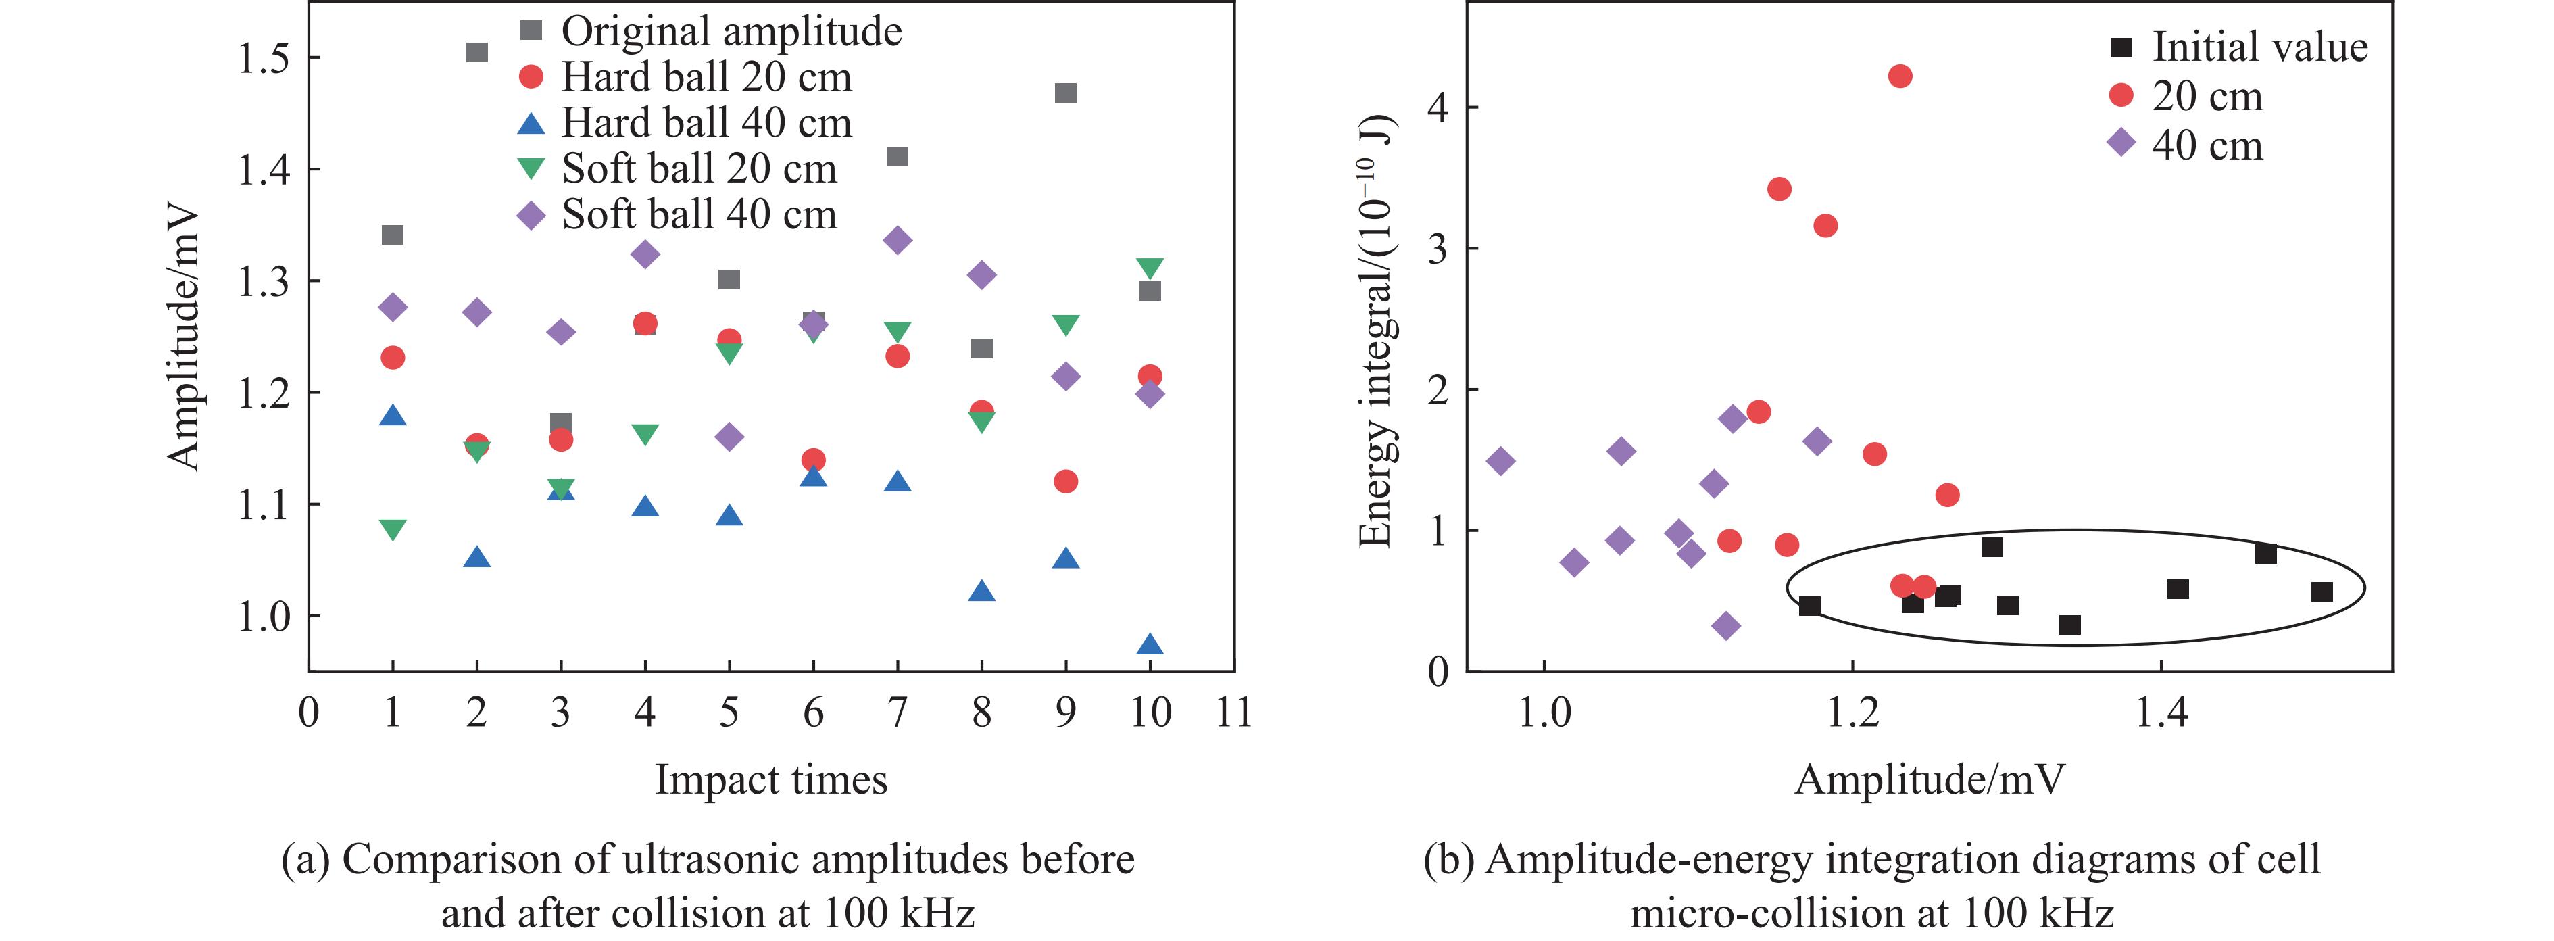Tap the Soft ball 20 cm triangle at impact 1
click(393, 529)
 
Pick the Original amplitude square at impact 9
click(1066, 93)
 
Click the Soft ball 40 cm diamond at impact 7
click(898, 240)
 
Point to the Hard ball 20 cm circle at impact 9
click(1066, 481)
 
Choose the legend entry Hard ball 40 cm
click(706, 123)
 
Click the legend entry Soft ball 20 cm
click(699, 168)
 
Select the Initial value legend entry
click(2259, 47)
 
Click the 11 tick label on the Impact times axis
click(1233, 712)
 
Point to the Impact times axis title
click(771, 779)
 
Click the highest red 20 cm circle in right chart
click(1900, 76)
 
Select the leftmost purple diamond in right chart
click(1500, 460)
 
